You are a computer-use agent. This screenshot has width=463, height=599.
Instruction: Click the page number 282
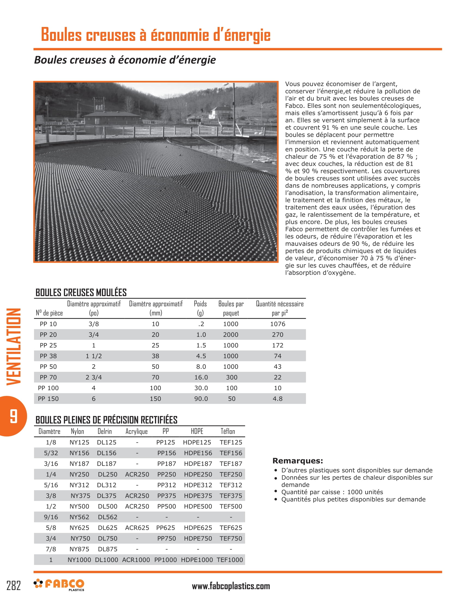coord(13,586)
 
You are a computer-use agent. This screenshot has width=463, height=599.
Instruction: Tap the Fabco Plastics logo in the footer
coord(59,585)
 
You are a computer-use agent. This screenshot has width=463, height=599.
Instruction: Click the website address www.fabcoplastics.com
coord(231,586)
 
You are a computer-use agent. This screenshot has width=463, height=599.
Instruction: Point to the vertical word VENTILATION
coord(14,347)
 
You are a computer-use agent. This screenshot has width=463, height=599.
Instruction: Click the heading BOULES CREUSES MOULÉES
coord(81,293)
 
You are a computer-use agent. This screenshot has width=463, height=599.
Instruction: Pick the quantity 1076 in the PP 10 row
coord(278,324)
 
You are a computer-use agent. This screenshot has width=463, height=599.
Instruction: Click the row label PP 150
coord(48,399)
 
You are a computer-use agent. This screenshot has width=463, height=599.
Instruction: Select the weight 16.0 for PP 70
coord(201,377)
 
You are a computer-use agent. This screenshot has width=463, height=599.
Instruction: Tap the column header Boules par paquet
coord(231,308)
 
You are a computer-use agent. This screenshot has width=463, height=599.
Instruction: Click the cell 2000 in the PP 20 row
coord(231,335)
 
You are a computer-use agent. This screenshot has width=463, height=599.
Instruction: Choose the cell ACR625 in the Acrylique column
coord(137,528)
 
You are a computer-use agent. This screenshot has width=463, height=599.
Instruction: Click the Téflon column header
coord(228,432)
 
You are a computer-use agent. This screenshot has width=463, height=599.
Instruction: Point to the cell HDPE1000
coord(197,560)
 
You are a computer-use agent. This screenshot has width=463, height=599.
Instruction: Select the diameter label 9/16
coord(51,517)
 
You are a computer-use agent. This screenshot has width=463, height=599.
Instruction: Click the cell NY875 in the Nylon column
coord(79,549)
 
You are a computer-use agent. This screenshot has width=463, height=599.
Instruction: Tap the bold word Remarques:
coord(298,461)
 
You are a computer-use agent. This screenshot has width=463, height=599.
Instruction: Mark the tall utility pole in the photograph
coord(234,110)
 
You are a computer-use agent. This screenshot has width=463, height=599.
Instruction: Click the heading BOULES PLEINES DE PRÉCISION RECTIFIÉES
coord(106,420)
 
